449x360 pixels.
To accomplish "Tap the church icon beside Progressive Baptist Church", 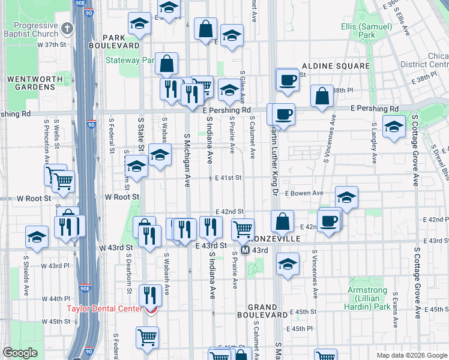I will point(67,28).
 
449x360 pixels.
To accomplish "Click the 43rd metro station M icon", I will point(246,249).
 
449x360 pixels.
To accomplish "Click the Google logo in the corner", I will point(19,353).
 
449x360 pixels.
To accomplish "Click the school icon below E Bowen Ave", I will point(347,198).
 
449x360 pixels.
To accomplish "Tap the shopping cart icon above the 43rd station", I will point(243,228).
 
